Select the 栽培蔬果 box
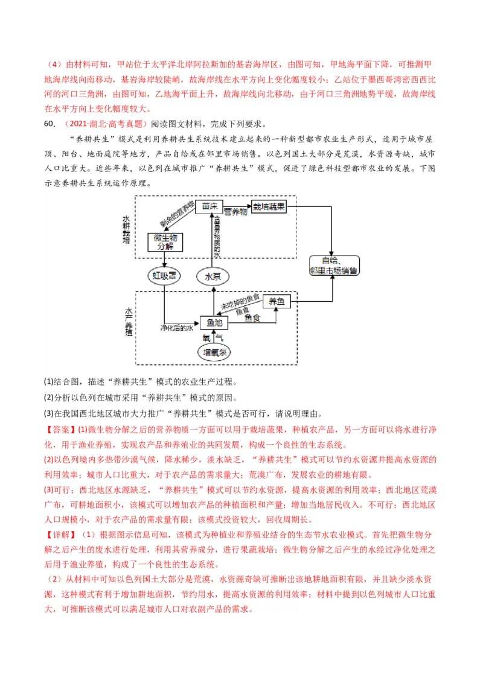pos(269,206)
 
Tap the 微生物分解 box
pos(165,242)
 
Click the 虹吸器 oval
pos(164,276)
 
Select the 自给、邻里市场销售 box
pos(333,265)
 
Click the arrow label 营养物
pos(235,212)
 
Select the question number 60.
pos(50,124)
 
